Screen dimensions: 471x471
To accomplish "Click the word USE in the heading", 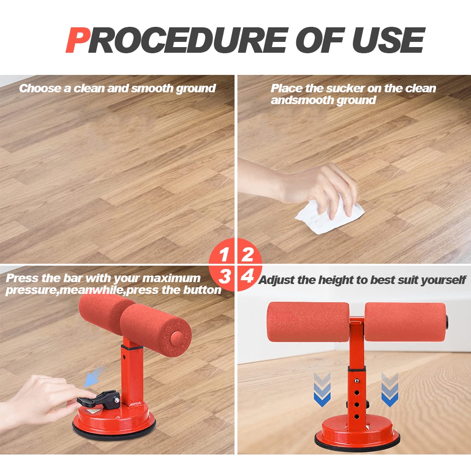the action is click(389, 40).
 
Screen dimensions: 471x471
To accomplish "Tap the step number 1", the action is click(223, 255).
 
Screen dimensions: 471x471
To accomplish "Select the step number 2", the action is click(248, 255).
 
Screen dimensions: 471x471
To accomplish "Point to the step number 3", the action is click(225, 276).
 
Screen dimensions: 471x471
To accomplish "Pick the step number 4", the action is click(247, 276).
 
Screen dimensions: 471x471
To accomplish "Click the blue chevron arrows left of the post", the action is click(322, 390).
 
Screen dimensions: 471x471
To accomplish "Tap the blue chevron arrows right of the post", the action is click(390, 390).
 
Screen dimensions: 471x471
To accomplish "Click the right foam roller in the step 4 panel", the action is click(405, 322).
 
